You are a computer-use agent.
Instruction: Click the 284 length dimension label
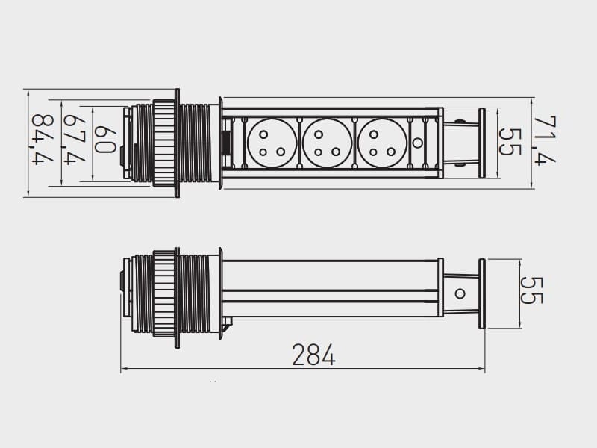313,355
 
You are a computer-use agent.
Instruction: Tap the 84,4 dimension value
43,140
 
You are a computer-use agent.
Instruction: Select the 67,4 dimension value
75,140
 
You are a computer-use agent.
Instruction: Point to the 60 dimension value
104,140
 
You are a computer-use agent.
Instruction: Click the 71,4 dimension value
545,140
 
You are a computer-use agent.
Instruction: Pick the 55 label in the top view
510,142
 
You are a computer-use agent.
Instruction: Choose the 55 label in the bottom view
531,290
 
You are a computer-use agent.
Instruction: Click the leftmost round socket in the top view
272,143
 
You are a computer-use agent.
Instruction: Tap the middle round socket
327,143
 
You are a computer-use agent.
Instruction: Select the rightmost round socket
382,143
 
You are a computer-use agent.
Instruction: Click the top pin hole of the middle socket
319,134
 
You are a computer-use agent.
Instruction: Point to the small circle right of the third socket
418,143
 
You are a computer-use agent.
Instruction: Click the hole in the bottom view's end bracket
460,294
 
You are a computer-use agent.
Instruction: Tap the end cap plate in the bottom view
481,293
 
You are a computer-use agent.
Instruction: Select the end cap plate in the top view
481,143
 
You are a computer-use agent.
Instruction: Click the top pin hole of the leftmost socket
263,134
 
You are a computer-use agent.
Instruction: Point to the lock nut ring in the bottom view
164,293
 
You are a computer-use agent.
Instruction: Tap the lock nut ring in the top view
164,143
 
